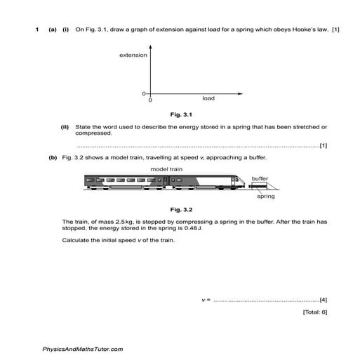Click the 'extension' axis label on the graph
[x=133, y=55]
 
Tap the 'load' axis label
[x=208, y=98]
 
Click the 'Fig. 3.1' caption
[x=180, y=114]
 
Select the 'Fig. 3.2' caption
[x=180, y=209]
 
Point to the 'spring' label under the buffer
[x=265, y=197]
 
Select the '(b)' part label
[x=53, y=158]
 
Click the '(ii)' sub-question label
[x=65, y=127]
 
